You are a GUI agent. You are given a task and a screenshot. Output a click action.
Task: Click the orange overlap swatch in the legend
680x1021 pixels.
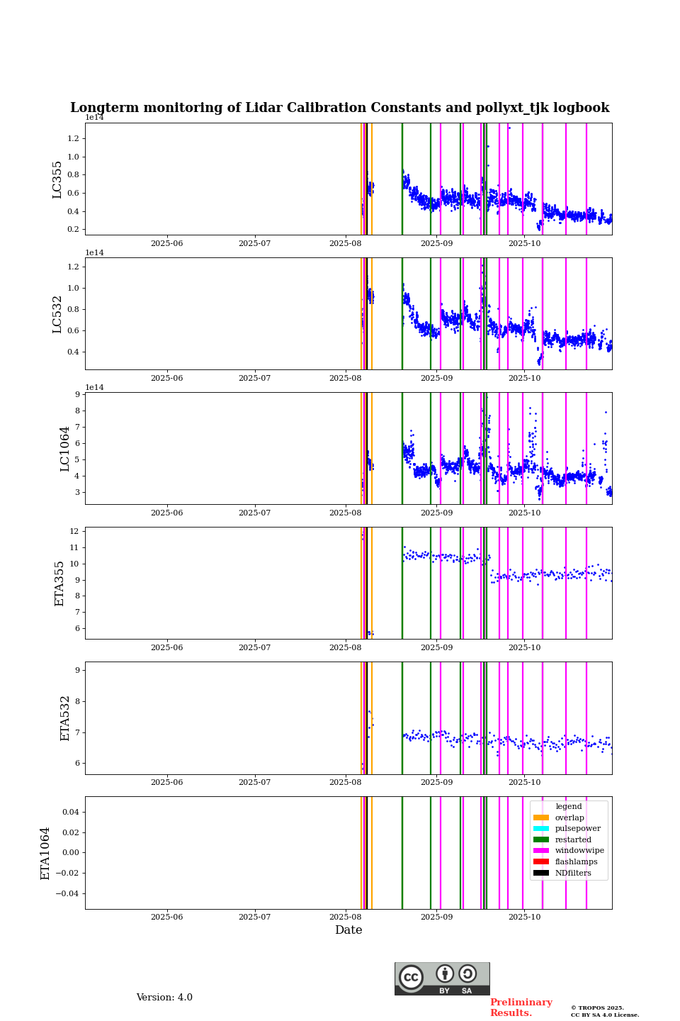click(541, 818)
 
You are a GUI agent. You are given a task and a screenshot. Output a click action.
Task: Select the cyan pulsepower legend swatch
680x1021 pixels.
click(541, 829)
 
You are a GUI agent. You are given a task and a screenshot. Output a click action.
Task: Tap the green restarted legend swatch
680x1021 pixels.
click(541, 839)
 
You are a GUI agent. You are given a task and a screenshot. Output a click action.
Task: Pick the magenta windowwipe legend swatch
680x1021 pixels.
click(541, 851)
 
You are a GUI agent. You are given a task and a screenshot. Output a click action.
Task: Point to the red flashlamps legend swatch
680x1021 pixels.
click(541, 862)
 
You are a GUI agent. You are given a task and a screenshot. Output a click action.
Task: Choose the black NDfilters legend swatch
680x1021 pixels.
click(541, 873)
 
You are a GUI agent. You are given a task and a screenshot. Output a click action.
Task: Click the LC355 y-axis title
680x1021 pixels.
click(57, 179)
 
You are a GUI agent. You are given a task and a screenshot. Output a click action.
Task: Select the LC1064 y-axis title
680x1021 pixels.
click(65, 448)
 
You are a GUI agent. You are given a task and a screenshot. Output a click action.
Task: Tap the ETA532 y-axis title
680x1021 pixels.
click(65, 718)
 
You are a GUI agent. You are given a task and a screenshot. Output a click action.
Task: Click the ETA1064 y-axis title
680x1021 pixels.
click(45, 853)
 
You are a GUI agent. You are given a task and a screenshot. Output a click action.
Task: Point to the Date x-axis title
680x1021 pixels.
click(348, 930)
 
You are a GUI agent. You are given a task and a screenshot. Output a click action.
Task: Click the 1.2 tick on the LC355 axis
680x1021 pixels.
click(74, 138)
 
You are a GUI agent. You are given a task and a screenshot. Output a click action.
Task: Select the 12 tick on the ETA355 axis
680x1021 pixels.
click(74, 532)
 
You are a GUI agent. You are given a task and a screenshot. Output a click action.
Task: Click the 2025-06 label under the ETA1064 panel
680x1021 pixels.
click(166, 917)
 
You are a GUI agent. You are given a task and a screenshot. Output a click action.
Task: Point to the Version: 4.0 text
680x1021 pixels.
click(164, 998)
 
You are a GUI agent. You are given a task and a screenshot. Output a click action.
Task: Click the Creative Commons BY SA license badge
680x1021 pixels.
click(442, 978)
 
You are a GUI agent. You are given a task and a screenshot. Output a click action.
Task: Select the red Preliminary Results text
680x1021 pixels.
click(521, 1008)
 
